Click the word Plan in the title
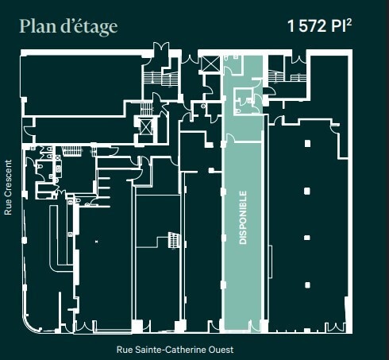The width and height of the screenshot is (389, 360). pyautogui.click(x=40, y=26)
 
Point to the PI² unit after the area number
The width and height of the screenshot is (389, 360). pyautogui.click(x=351, y=26)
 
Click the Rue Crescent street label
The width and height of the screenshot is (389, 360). pyautogui.click(x=9, y=188)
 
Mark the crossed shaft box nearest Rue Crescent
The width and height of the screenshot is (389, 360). pyautogui.click(x=147, y=126)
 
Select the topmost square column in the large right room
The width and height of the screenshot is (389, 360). pyautogui.click(x=307, y=145)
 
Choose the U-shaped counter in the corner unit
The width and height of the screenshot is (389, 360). pyautogui.click(x=56, y=238)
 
